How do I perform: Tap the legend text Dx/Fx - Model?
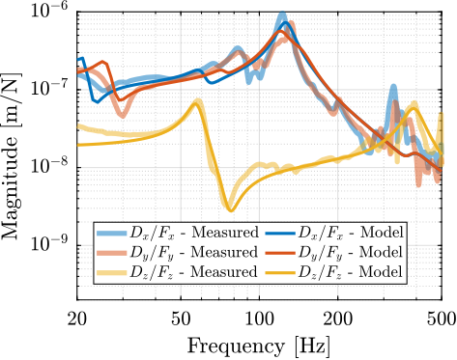(x=350, y=234)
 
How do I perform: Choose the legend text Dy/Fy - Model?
(x=350, y=253)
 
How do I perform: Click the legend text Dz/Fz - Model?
(x=350, y=272)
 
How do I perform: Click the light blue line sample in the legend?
(x=112, y=234)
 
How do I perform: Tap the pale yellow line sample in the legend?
(x=112, y=272)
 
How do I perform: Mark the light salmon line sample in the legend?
(x=112, y=253)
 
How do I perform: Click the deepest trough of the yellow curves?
(x=230, y=208)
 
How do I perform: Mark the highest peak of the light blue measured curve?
(x=282, y=14)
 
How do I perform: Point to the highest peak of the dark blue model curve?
(x=287, y=23)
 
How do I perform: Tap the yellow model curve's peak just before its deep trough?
(x=198, y=100)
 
